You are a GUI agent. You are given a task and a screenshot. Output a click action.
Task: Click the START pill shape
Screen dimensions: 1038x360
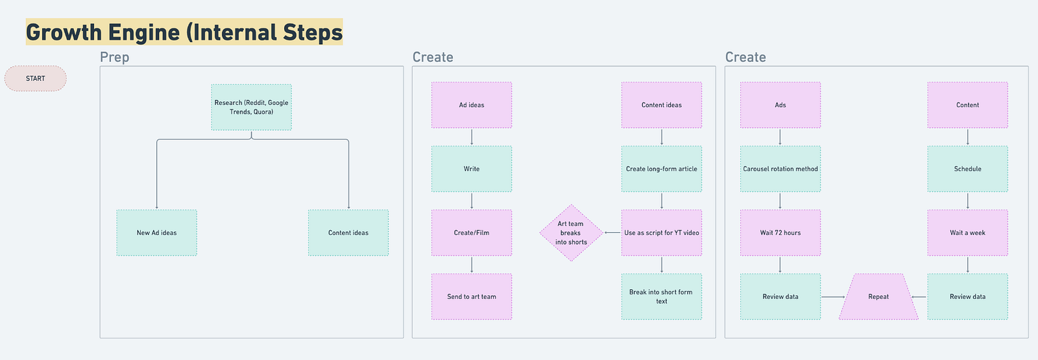click(x=35, y=78)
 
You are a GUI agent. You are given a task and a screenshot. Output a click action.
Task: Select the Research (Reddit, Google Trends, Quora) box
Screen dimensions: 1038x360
click(x=252, y=107)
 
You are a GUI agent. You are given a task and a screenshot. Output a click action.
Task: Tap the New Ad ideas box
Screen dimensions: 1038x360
click(x=156, y=233)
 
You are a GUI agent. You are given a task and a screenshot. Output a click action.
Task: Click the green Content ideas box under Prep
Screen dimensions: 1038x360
click(x=348, y=233)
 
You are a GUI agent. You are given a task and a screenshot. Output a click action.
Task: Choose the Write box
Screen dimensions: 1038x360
click(x=472, y=169)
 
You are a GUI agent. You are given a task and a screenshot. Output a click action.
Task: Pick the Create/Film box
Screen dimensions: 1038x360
click(x=472, y=233)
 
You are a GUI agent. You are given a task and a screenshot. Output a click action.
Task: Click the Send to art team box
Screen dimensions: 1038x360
click(x=472, y=296)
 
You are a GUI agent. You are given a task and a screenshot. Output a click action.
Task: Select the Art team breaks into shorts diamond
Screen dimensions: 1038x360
click(x=572, y=233)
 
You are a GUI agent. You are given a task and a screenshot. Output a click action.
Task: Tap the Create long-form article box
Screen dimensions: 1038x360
click(x=662, y=169)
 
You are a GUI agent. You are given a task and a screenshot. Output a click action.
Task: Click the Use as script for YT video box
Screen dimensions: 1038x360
click(x=662, y=233)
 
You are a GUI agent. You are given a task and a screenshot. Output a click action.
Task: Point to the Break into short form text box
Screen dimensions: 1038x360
click(x=662, y=296)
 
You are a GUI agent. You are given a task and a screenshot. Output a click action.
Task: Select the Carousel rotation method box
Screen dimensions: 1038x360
click(x=780, y=169)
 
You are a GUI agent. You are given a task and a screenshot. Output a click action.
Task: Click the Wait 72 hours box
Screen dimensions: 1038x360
click(x=780, y=233)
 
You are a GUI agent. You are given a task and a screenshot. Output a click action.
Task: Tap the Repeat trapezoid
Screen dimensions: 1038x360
click(x=878, y=296)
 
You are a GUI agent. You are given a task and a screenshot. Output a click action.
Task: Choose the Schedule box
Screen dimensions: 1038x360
click(x=967, y=169)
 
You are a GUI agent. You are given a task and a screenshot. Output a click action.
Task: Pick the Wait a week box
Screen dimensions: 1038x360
click(x=967, y=233)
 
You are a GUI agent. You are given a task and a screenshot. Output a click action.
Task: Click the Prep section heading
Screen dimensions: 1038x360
click(x=114, y=57)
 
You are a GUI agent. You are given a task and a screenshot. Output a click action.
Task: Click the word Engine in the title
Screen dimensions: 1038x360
click(x=143, y=32)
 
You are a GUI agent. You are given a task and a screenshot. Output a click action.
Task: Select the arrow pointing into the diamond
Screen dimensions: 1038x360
click(x=612, y=233)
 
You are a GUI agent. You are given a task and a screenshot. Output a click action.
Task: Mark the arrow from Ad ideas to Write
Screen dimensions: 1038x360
click(x=472, y=137)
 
